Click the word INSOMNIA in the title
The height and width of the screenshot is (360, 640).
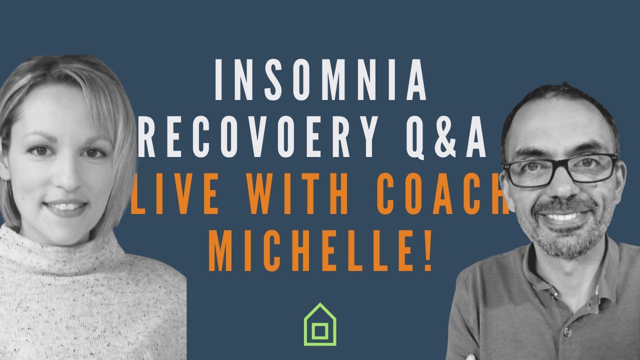tap(320, 79)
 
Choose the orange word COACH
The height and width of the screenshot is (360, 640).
tap(443, 194)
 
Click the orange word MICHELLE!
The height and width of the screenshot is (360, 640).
tap(320, 250)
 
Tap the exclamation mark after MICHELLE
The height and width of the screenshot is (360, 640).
tap(427, 250)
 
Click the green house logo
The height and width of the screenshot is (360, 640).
tap(319, 324)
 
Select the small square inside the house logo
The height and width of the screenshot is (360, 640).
tap(319, 331)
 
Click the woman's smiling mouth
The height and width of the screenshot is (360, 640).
tap(65, 207)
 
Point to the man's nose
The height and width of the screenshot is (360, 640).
tap(560, 185)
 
